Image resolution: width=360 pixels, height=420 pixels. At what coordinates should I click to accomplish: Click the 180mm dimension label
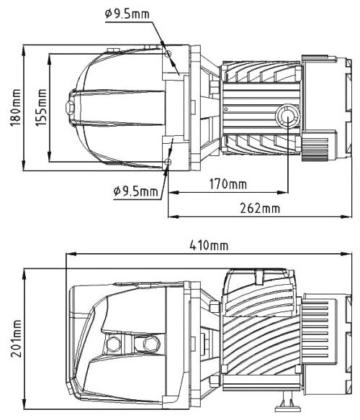coord(15,107)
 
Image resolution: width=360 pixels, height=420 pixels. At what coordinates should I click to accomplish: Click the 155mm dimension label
coord(41,107)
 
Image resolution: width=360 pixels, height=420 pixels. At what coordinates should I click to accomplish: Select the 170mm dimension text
coord(228,184)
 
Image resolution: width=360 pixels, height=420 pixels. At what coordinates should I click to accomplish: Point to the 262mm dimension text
coord(260,208)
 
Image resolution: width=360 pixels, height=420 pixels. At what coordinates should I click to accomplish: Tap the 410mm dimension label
coord(209,245)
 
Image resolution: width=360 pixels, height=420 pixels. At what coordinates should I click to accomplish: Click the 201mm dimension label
coord(16,338)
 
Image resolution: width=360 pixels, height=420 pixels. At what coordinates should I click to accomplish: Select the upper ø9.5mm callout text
coord(127,14)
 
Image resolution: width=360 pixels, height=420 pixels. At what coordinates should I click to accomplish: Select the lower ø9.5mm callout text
coord(136,191)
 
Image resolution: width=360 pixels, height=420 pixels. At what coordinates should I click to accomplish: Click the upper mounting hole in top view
coord(168,54)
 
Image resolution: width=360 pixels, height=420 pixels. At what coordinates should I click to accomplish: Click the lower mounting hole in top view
coord(168,162)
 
